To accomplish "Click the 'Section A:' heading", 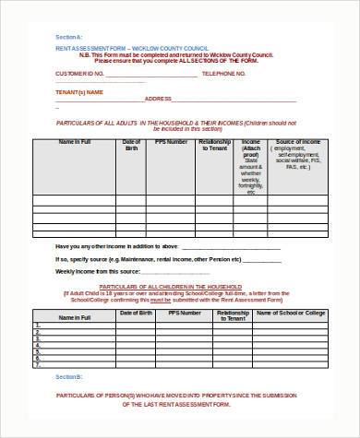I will (66, 36).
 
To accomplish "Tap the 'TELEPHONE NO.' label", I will (225, 72).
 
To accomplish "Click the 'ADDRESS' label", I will (158, 97).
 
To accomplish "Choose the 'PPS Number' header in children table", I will (186, 314).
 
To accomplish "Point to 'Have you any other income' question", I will (107, 247).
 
